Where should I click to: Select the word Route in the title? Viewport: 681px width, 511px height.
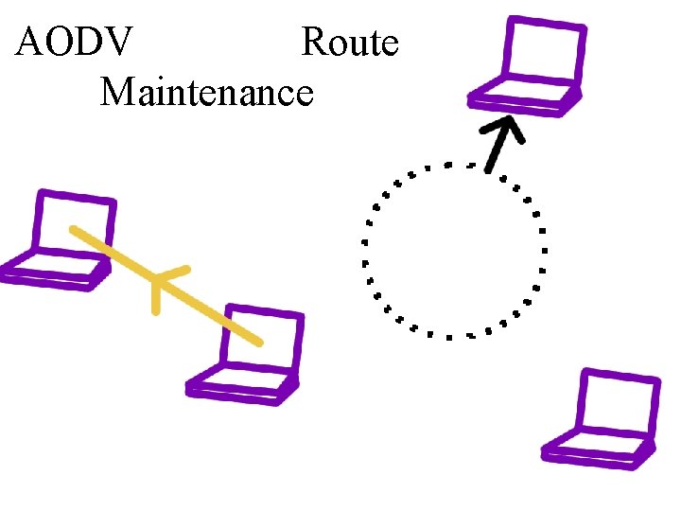pos(350,43)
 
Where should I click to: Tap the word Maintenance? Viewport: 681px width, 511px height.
pos(206,92)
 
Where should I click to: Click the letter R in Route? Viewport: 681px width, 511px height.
pos(314,43)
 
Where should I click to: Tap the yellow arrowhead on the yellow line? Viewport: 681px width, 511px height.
pos(159,282)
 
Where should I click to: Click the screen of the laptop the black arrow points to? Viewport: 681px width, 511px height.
pos(543,52)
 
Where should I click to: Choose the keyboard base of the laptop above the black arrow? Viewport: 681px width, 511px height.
pos(525,97)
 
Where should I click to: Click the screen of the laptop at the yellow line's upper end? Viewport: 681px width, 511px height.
pos(78,224)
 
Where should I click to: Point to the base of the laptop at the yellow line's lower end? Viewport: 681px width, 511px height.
pos(241,388)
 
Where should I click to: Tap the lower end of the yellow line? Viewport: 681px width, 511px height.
pos(257,340)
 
